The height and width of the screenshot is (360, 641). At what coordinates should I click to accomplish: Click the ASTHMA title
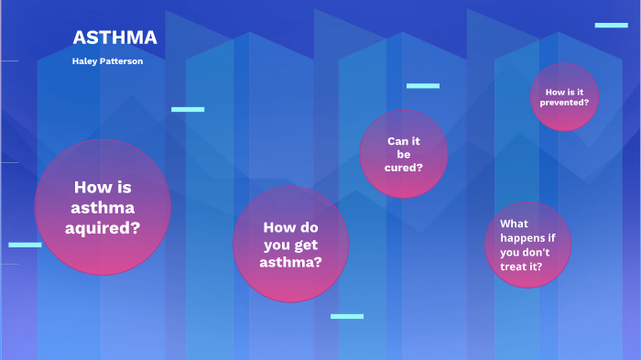114,38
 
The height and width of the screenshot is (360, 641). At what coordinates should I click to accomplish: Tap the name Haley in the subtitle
87,60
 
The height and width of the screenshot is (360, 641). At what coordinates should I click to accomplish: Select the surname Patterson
122,60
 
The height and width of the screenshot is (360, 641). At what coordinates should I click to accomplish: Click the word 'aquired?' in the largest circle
103,227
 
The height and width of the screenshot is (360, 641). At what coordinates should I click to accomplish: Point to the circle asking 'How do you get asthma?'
290,245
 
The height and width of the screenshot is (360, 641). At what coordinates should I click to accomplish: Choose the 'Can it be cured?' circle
404,154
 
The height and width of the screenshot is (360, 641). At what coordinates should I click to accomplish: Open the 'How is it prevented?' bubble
565,97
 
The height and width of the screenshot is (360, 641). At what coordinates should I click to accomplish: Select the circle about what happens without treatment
527,245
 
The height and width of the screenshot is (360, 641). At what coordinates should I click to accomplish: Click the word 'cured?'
404,168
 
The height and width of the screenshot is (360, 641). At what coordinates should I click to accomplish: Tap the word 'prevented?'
566,103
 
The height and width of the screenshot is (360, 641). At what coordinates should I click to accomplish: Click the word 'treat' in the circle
516,266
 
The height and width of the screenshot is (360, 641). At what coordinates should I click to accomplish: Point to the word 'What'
514,224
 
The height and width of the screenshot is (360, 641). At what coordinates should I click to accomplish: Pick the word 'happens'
521,238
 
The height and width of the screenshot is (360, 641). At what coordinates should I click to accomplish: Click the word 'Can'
397,141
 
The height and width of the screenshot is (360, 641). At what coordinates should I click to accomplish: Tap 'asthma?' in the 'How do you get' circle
290,261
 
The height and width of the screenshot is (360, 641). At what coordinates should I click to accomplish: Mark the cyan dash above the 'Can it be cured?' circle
423,86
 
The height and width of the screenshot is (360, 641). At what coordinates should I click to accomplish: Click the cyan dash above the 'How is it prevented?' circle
611,26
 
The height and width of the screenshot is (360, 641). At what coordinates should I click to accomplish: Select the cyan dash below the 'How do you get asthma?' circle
347,316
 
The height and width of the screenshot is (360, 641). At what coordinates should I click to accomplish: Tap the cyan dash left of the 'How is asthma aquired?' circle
25,245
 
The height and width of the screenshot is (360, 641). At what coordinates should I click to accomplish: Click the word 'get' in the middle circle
305,245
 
